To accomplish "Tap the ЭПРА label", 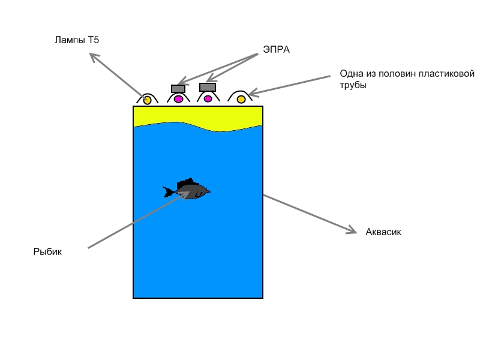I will pyautogui.click(x=276, y=50).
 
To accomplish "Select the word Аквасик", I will pyautogui.click(x=383, y=232).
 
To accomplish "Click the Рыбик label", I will pyautogui.click(x=47, y=252).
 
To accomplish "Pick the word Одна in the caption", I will pyautogui.click(x=350, y=74).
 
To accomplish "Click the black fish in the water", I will pyautogui.click(x=191, y=191).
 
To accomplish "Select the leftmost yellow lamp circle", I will pyautogui.click(x=147, y=100).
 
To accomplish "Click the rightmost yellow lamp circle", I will pyautogui.click(x=241, y=99).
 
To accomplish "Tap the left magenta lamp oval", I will pyautogui.click(x=178, y=99).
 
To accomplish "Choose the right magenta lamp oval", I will pyautogui.click(x=208, y=99).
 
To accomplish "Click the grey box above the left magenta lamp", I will pyautogui.click(x=178, y=89).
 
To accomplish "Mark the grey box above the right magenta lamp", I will pyautogui.click(x=207, y=87).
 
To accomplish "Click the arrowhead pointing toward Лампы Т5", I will pyautogui.click(x=93, y=56).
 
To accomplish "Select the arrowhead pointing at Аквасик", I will pyautogui.click(x=353, y=230).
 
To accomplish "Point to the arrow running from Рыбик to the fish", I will pyautogui.click(x=132, y=222).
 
